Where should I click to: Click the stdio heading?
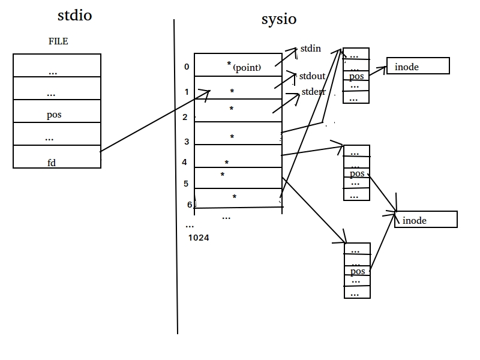click(x=74, y=16)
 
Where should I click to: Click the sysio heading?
click(x=279, y=19)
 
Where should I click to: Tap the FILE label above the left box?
click(x=58, y=41)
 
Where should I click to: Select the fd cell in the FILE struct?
click(x=57, y=157)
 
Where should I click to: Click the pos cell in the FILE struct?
click(x=57, y=111)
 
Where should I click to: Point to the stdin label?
click(x=310, y=49)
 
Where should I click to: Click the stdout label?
click(x=312, y=76)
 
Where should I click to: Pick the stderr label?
click(x=313, y=92)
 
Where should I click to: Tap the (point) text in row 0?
click(x=247, y=67)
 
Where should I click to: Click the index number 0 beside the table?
click(x=187, y=67)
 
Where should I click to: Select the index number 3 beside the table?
click(x=187, y=142)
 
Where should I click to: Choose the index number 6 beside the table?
click(x=190, y=205)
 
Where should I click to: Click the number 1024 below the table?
click(x=199, y=238)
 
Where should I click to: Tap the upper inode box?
click(x=418, y=66)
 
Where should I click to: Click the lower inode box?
click(x=426, y=220)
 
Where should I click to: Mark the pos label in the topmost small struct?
click(x=356, y=76)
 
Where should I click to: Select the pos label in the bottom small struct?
click(x=358, y=271)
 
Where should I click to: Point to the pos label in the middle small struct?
click(x=357, y=173)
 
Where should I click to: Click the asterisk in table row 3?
click(x=232, y=137)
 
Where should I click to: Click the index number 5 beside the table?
click(x=186, y=184)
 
